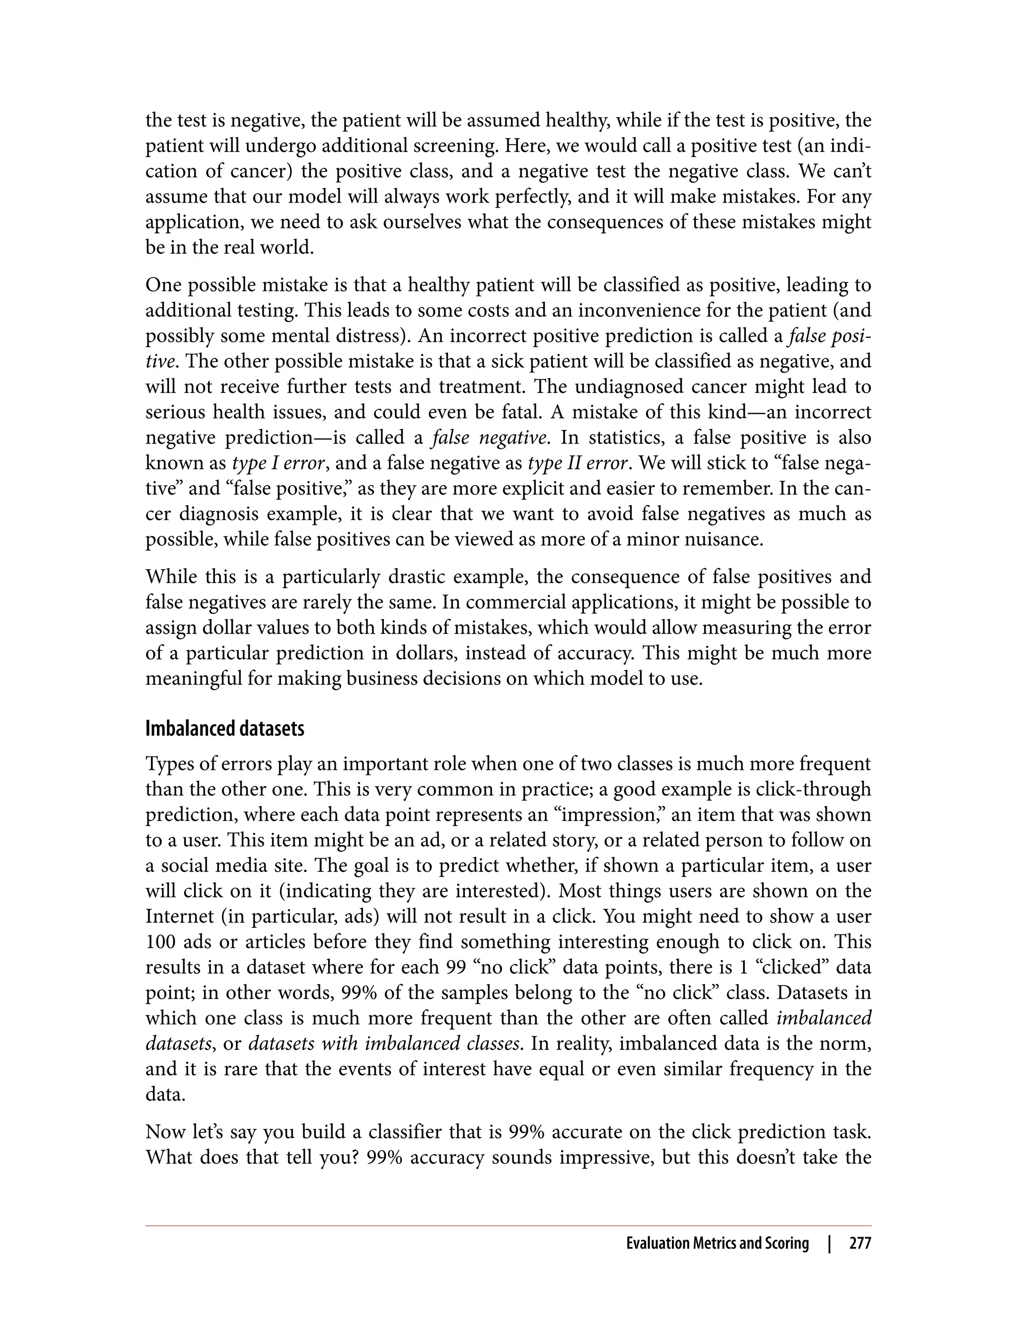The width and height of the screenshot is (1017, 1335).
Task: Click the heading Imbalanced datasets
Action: pyautogui.click(x=224, y=729)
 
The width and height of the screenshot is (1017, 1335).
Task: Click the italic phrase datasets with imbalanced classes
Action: pyautogui.click(x=384, y=1044)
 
